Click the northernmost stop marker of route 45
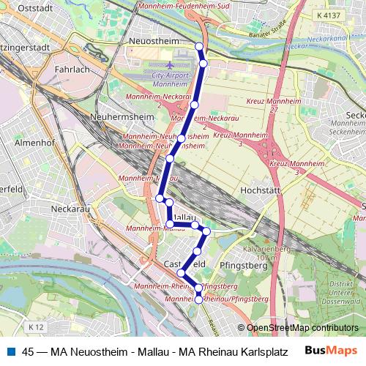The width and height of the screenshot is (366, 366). pos(199,46)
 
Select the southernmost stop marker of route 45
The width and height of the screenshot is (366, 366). pos(198,299)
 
